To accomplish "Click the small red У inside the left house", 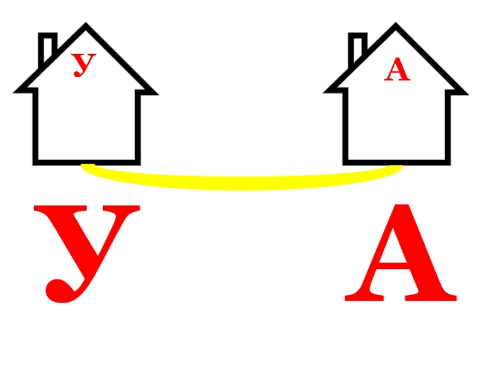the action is [x=84, y=64].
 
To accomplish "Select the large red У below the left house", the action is [x=86, y=248].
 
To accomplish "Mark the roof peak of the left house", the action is [x=86, y=27].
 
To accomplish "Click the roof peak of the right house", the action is [x=396, y=27].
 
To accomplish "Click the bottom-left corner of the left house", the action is [x=37, y=162].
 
